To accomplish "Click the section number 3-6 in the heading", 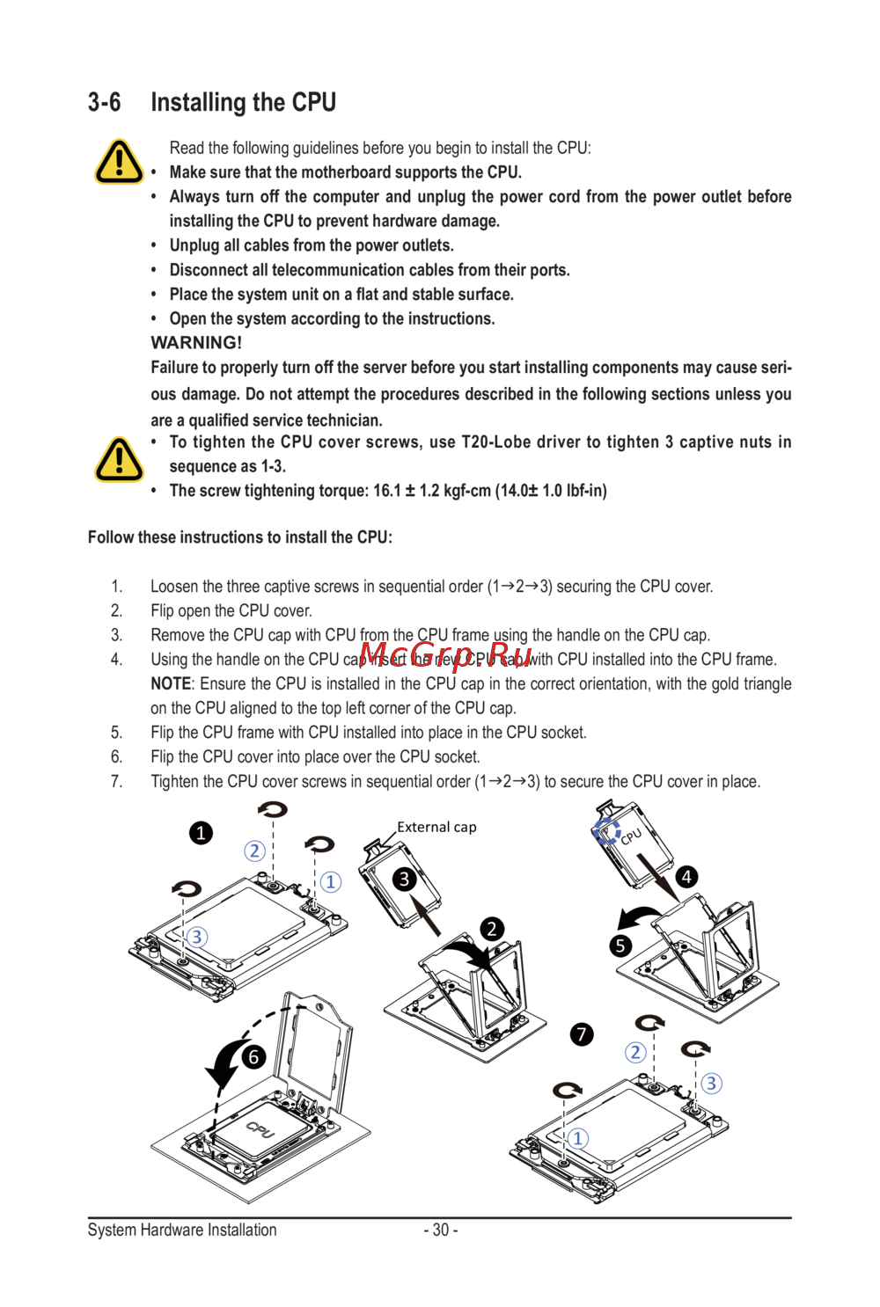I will point(104,103).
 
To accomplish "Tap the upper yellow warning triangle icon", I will point(119,162).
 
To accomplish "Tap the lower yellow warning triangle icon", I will point(119,459).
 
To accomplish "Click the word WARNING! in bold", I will point(196,343).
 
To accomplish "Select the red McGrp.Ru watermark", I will point(446,655).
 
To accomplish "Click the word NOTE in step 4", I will point(171,684).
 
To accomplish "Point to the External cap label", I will point(436,827).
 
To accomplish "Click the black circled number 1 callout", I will point(201,833).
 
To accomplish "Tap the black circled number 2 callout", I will point(492,929).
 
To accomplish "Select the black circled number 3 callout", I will point(404,879).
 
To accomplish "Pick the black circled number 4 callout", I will point(686,877).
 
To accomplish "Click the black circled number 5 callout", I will point(620,946).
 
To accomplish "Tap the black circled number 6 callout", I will point(253,1056).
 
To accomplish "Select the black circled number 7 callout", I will point(582,1034).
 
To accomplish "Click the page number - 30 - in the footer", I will point(440,1230).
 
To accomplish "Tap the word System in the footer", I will point(112,1230).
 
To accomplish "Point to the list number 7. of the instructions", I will point(116,781).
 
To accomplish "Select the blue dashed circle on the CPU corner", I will point(606,830).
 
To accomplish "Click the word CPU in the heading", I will point(313,103).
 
